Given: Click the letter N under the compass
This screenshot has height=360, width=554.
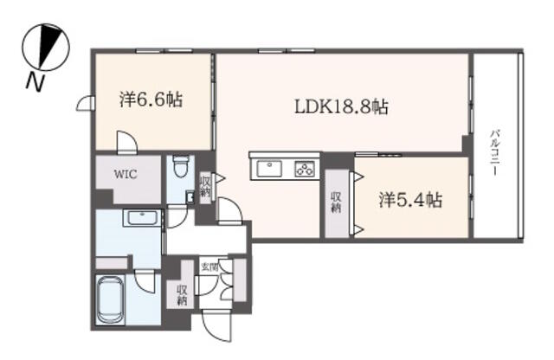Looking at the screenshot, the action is [x=35, y=82].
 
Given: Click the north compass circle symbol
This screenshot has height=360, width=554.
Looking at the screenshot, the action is [x=46, y=47].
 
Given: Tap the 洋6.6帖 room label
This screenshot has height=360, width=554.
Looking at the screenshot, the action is [x=151, y=100].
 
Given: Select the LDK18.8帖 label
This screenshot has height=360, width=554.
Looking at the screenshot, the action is [x=341, y=106].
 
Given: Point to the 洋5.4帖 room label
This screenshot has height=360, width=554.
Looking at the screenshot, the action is [x=410, y=200].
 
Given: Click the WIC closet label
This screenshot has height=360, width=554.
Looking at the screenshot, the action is [x=126, y=174].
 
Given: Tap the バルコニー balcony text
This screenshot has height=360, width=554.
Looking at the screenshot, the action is [x=494, y=152].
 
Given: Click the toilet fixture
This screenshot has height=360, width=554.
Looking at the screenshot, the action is [x=181, y=167].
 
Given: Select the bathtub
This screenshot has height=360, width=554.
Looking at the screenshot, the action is [x=111, y=300].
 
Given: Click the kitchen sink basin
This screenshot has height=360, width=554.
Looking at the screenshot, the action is [x=269, y=169].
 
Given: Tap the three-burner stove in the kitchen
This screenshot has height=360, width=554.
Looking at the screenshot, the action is [x=305, y=169].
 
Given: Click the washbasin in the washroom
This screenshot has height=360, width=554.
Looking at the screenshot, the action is [x=143, y=217].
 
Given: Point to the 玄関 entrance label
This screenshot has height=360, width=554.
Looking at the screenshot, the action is [x=209, y=267].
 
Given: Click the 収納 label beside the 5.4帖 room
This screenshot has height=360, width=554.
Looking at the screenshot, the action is [x=336, y=202].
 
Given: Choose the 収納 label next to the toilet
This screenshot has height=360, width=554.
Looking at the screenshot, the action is [x=205, y=187].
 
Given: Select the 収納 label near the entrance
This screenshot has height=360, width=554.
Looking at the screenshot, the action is [x=182, y=295].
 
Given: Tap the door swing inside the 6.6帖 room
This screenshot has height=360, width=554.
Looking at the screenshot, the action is [x=127, y=142].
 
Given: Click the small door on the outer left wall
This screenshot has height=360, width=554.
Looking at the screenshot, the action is [x=86, y=104].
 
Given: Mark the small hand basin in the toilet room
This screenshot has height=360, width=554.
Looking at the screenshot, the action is [x=190, y=197].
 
